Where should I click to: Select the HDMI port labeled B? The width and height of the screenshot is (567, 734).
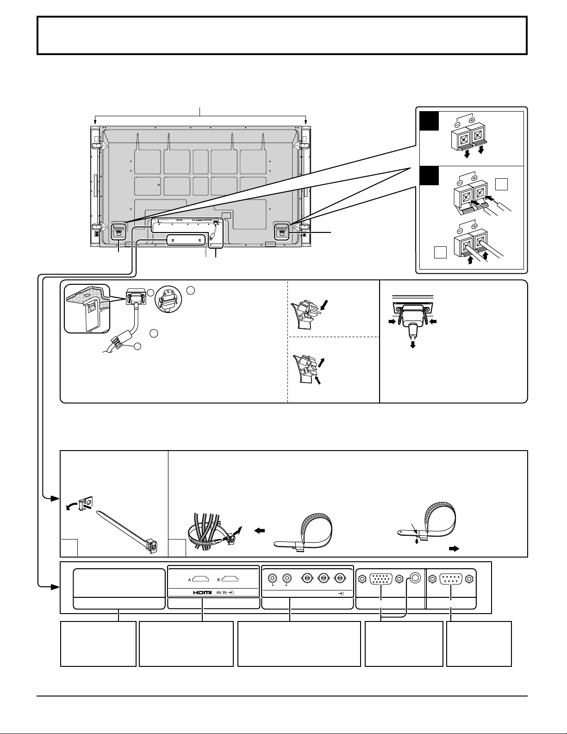coord(230,580)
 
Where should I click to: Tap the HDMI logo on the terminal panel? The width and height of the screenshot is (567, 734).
coord(202,592)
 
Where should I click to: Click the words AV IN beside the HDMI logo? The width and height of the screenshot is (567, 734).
coord(221,592)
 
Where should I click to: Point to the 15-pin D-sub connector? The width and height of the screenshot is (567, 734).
coord(380,579)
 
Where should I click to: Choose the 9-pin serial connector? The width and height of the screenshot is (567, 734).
coord(451,579)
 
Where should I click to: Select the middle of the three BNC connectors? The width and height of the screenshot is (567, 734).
coord(323,578)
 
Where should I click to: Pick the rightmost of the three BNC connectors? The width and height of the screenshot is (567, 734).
coord(339,578)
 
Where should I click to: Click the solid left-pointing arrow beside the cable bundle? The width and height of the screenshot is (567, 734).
coord(260,531)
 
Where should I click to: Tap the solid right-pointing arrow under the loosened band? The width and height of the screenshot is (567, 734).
coord(454,549)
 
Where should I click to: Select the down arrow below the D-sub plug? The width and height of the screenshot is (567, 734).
coord(412,344)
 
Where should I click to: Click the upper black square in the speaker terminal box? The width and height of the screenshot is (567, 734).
coord(430,120)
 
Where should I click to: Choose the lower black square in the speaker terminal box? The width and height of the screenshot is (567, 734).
coord(430,176)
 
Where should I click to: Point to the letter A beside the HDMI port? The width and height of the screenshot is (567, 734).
coord(190,580)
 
